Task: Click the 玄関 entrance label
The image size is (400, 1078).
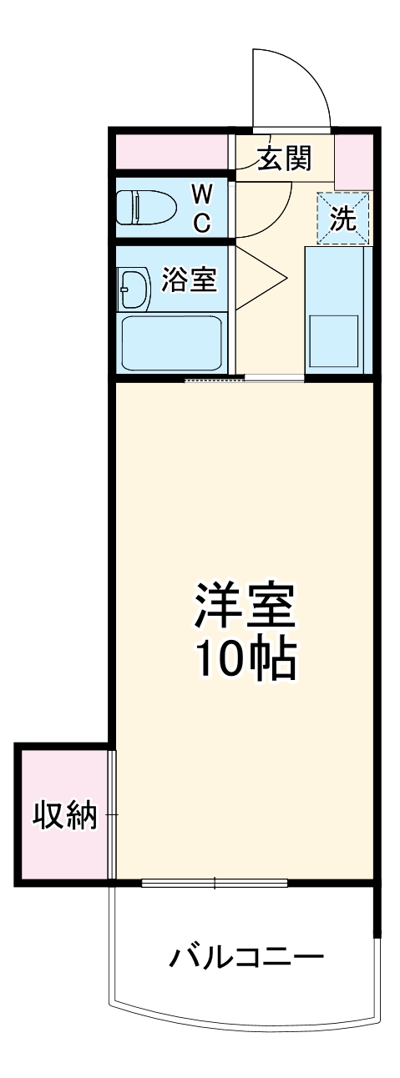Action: coord(284,159)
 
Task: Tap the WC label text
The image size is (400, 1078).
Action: coord(201,209)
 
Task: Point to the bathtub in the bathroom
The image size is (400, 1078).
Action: coord(172,343)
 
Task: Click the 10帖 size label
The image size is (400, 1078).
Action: coord(246,661)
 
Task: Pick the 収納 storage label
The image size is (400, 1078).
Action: coord(64,814)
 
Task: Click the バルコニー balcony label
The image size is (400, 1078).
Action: coord(246,956)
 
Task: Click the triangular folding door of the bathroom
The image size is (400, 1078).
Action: coord(261,279)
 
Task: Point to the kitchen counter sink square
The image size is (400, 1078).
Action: coord(334,341)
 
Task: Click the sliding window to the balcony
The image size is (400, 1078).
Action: coord(215,883)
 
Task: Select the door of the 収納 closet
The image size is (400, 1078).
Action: coord(113,814)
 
